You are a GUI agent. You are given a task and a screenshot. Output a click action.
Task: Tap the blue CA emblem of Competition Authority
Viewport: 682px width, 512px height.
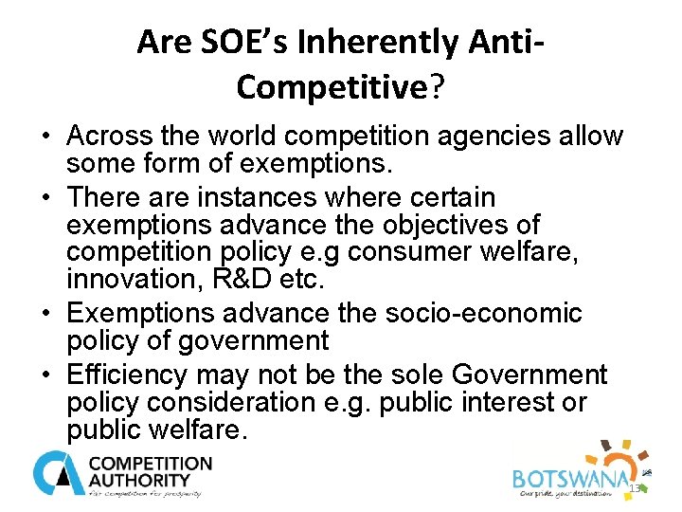pos(57,472)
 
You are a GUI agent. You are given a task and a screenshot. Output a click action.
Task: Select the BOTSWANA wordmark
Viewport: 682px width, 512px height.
pos(569,480)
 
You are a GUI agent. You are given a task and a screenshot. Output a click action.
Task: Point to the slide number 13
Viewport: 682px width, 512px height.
pos(635,489)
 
